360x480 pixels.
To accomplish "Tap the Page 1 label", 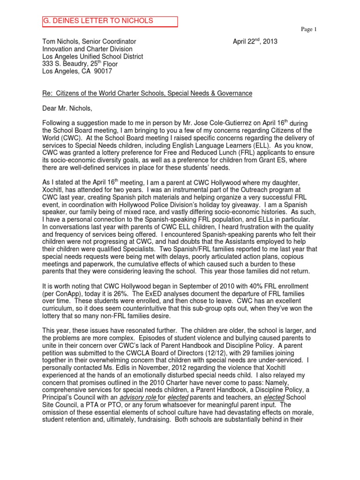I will (x=309, y=30).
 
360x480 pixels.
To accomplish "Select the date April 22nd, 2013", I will (x=255, y=41).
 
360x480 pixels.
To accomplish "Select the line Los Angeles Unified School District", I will (x=93, y=57).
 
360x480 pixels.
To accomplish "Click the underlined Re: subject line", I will (x=147, y=94).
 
